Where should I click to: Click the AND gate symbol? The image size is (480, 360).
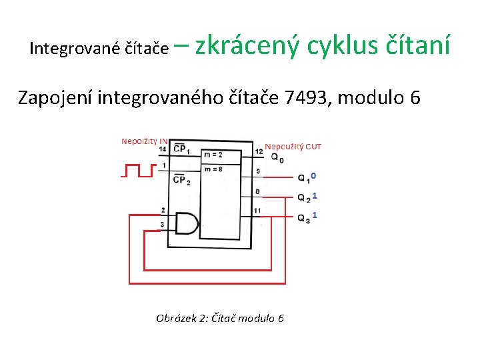pyautogui.click(x=187, y=224)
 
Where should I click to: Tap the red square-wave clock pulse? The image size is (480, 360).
pyautogui.click(x=138, y=171)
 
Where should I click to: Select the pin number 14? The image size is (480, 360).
pyautogui.click(x=163, y=149)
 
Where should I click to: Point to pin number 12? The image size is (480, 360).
pyautogui.click(x=259, y=152)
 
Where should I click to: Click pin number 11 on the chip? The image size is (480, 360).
pyautogui.click(x=257, y=211)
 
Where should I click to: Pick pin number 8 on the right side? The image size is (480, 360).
pyautogui.click(x=257, y=192)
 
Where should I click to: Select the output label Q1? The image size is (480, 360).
pyautogui.click(x=303, y=178)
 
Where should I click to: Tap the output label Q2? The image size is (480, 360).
pyautogui.click(x=303, y=198)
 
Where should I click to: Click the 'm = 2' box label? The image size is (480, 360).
pyautogui.click(x=213, y=155)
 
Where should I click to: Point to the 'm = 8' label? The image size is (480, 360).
pyautogui.click(x=213, y=169)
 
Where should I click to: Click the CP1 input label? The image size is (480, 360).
pyautogui.click(x=181, y=149)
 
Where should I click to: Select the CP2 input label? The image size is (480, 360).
pyautogui.click(x=181, y=179)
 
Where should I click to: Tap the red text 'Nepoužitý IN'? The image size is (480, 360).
pyautogui.click(x=143, y=141)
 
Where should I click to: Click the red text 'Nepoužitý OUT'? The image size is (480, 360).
pyautogui.click(x=293, y=146)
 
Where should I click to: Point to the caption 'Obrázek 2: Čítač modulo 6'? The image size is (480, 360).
pyautogui.click(x=220, y=318)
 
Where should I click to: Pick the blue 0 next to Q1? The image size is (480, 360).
pyautogui.click(x=313, y=175)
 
